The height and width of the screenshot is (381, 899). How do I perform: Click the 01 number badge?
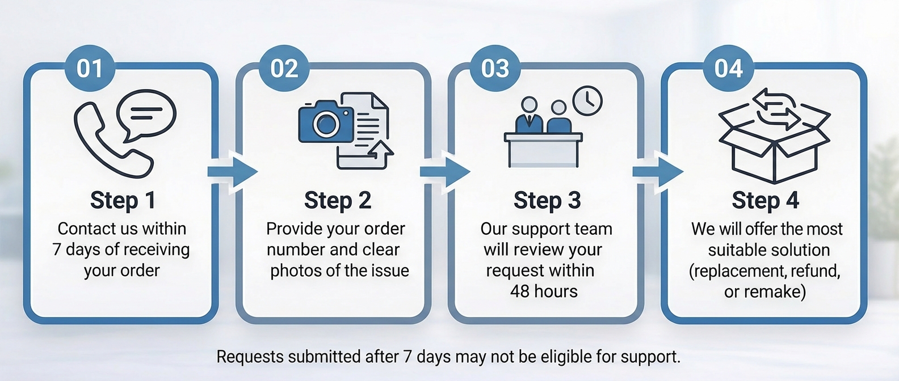pos(90,69)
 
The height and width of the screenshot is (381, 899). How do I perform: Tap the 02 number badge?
pos(284,69)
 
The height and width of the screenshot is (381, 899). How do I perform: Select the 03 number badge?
pos(495,69)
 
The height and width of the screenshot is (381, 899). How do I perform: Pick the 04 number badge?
pos(728,69)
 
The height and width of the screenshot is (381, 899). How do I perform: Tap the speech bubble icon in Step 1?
pos(146,113)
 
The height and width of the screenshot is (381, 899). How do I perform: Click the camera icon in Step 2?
pos(326,122)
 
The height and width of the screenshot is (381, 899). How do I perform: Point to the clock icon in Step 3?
pos(587,101)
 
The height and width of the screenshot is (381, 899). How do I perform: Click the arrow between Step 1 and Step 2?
pos(232,171)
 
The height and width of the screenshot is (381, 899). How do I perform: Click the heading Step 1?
pos(123,201)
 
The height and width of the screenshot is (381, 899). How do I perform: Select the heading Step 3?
pos(547,201)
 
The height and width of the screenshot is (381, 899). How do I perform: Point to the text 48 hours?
pos(544,291)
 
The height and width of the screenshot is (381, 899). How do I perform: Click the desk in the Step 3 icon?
pos(543,150)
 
